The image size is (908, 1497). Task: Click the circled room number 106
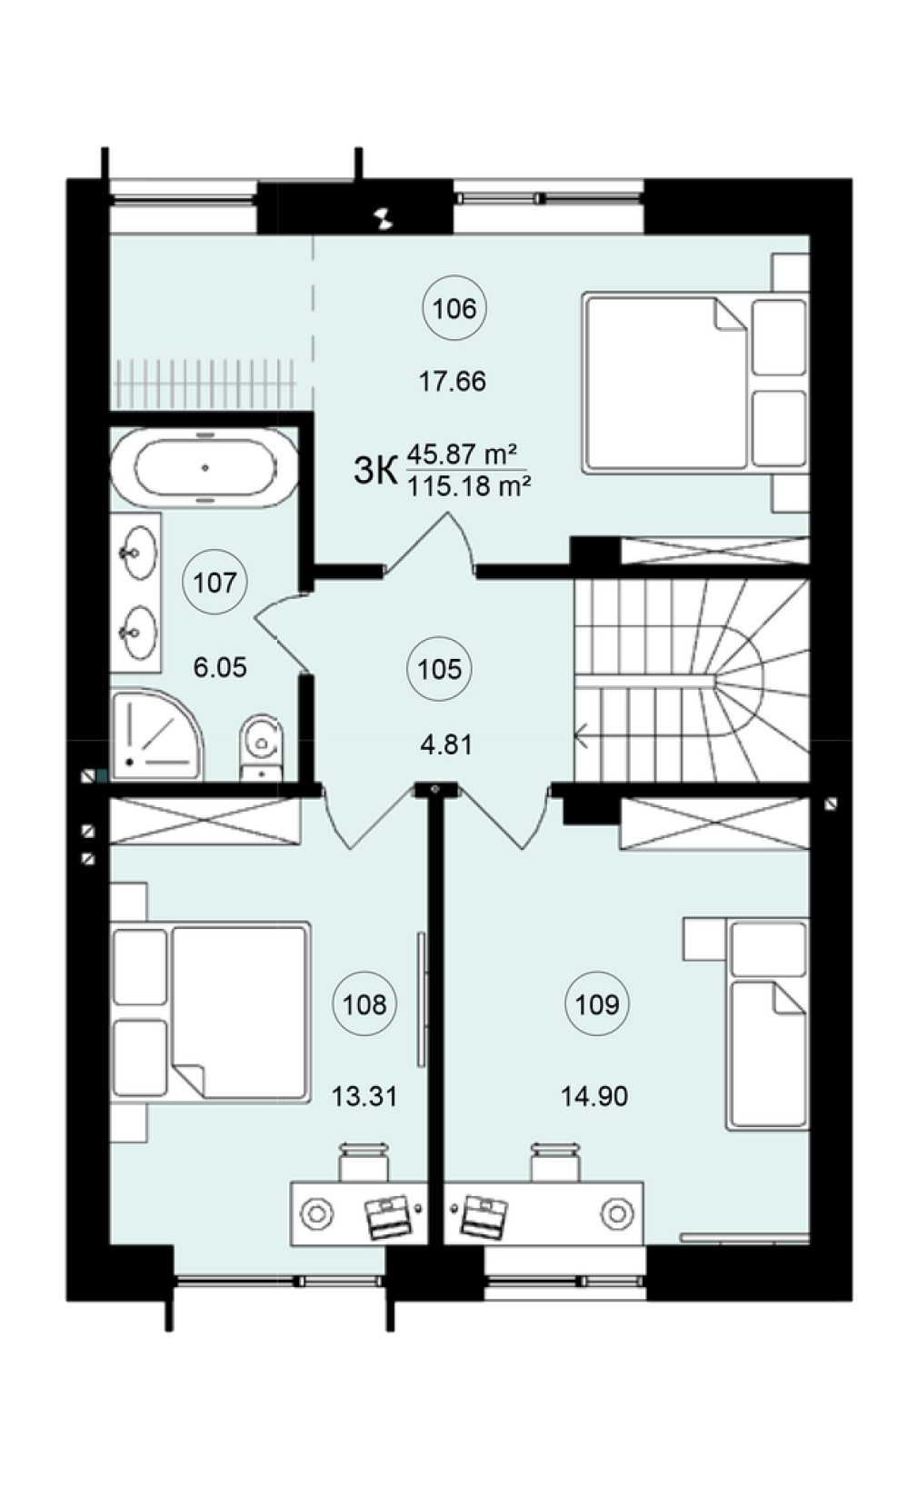[454, 309]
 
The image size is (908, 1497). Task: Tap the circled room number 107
[215, 583]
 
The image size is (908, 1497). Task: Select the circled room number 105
[440, 669]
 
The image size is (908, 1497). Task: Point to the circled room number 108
[364, 1003]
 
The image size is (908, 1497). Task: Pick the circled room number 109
[597, 1003]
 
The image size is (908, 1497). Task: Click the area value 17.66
[453, 382]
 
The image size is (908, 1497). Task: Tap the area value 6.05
[220, 667]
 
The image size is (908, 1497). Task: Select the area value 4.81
[446, 744]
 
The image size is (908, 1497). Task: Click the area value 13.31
[364, 1097]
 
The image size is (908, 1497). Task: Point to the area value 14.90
[594, 1097]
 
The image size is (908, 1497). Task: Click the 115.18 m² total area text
[469, 485]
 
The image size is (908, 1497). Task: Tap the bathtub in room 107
[205, 468]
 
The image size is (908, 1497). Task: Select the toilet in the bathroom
[261, 747]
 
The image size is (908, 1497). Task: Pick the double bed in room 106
[695, 383]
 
